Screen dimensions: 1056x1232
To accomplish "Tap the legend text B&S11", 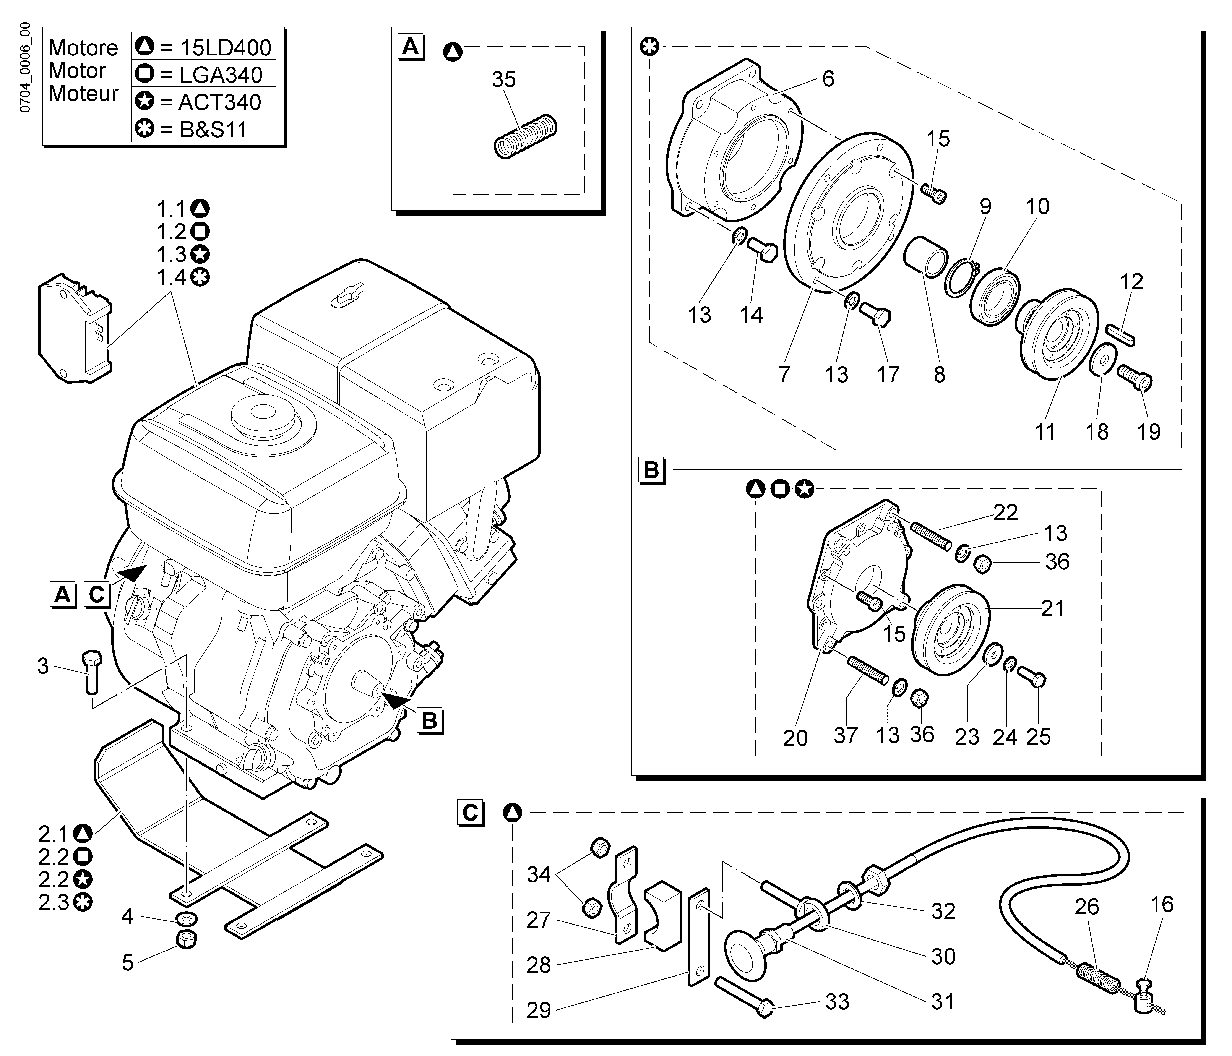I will [x=213, y=129].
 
